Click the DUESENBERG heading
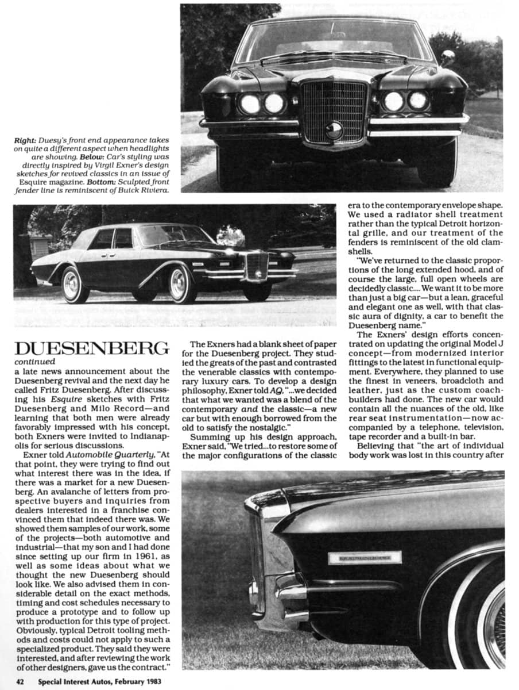(x=92, y=349)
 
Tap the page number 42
(x=20, y=682)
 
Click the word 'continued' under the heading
(x=36, y=362)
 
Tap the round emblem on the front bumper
(x=334, y=131)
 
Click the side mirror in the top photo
(x=447, y=57)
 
